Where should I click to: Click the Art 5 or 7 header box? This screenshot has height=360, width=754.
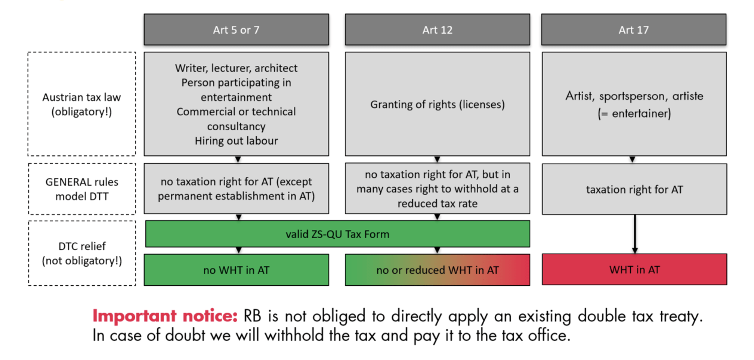tap(236, 30)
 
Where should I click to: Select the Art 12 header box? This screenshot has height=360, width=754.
tap(437, 30)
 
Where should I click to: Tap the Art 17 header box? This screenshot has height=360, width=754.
tap(633, 30)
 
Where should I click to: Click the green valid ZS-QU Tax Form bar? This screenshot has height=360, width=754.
tap(337, 234)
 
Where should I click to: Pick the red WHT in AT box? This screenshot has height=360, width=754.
tap(634, 270)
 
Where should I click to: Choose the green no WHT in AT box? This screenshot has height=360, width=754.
tap(236, 270)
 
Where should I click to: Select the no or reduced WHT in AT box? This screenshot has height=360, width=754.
tap(437, 270)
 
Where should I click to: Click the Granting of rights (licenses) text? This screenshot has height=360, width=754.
tap(437, 105)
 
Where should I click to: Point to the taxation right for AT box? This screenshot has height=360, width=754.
tap(634, 189)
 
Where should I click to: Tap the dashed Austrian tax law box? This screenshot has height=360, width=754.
tap(81, 104)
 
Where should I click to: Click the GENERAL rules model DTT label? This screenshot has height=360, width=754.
tap(82, 189)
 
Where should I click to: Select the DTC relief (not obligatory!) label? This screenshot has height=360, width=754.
tap(82, 253)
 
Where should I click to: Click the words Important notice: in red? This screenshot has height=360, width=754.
tap(165, 316)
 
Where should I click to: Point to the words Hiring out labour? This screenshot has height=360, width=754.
tap(236, 141)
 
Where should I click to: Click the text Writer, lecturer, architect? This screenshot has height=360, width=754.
tap(236, 68)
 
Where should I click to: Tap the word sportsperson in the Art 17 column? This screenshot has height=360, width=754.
tap(633, 96)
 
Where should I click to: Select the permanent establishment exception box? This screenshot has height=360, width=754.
tap(236, 189)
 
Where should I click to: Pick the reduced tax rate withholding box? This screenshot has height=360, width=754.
tap(437, 189)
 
